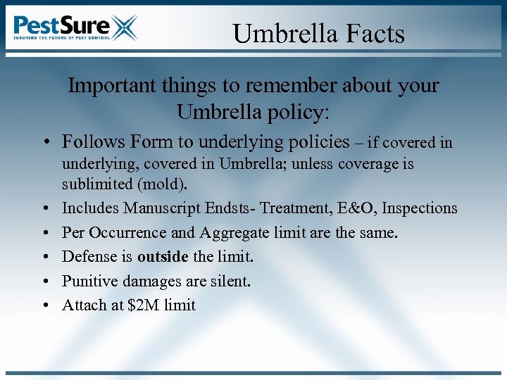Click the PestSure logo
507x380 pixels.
point(75,27)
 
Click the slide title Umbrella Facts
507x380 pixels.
point(318,33)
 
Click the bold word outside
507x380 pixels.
point(163,256)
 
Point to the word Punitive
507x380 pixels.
point(87,281)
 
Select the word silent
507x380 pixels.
point(230,281)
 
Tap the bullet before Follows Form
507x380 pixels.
point(44,143)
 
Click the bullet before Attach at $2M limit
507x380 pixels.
point(44,305)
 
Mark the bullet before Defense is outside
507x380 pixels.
point(44,257)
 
